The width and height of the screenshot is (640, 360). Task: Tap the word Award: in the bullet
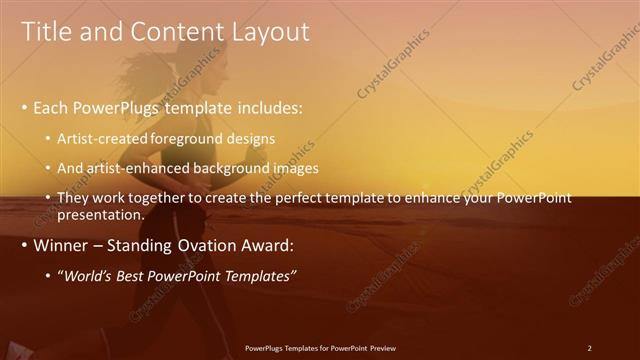coord(264,246)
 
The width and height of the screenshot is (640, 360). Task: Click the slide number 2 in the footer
coord(589,347)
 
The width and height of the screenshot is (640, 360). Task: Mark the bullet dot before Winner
coord(25,246)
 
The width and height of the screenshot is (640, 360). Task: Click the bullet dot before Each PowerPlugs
coord(25,107)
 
